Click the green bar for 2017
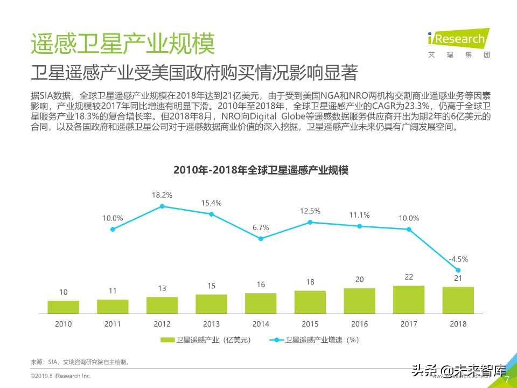pyautogui.click(x=409, y=300)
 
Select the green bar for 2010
pyautogui.click(x=63, y=307)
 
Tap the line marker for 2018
pyautogui.click(x=458, y=271)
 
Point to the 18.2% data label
pyautogui.click(x=162, y=195)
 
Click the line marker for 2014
pyautogui.click(x=261, y=238)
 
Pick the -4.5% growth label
pyautogui.click(x=458, y=258)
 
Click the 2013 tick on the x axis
pyautogui.click(x=211, y=324)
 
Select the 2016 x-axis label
pyautogui.click(x=359, y=324)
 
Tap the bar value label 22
pyautogui.click(x=409, y=277)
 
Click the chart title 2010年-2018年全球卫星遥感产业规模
pyautogui.click(x=261, y=170)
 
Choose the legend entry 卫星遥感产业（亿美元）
pyautogui.click(x=206, y=340)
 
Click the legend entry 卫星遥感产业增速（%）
pyautogui.click(x=316, y=340)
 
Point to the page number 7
pyautogui.click(x=506, y=379)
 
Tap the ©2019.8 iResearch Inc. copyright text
pyautogui.click(x=60, y=376)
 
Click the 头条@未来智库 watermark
pyautogui.click(x=459, y=371)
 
